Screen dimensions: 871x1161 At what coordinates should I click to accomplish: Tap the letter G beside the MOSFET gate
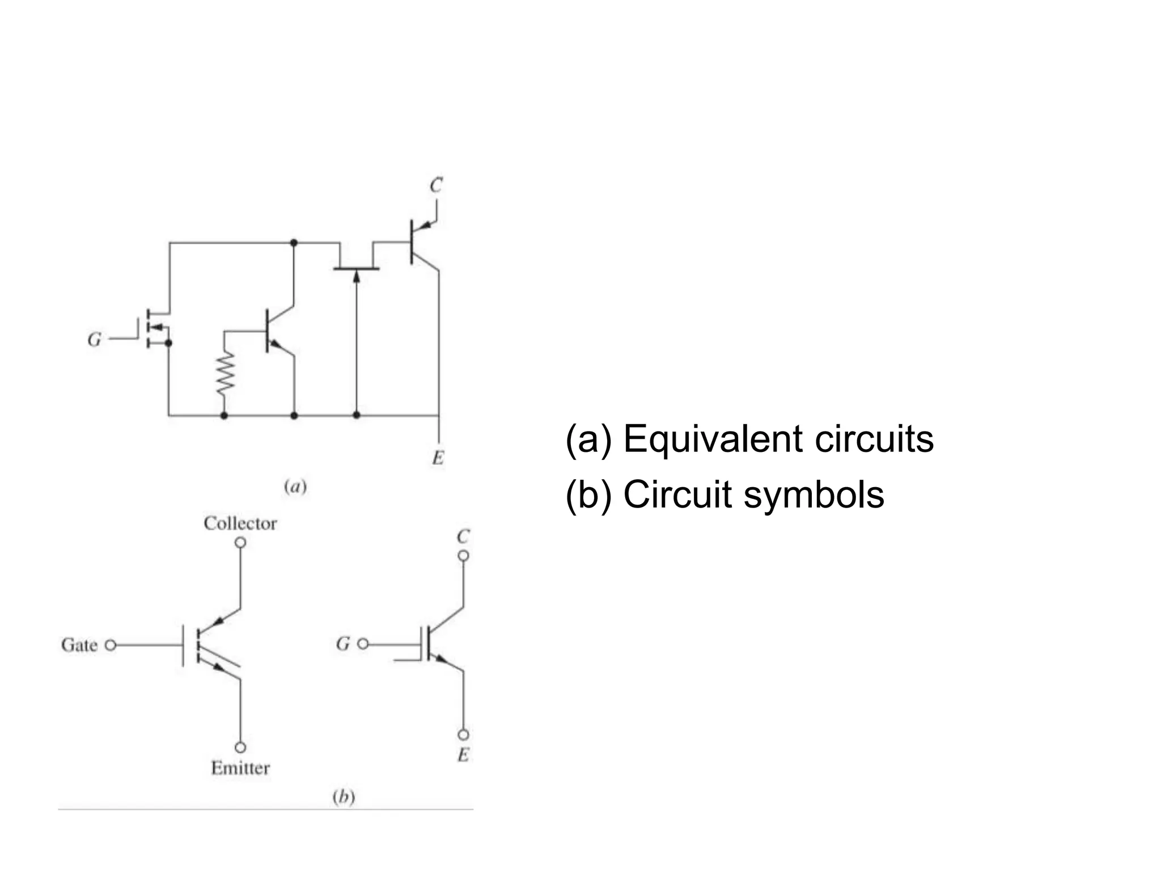coord(94,339)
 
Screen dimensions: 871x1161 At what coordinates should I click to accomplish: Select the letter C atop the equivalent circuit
coord(435,185)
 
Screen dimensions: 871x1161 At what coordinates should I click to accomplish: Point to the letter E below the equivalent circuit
coord(438,458)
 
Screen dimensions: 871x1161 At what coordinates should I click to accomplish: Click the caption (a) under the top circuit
coord(295,487)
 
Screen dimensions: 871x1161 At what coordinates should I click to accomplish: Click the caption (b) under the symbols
coord(343,797)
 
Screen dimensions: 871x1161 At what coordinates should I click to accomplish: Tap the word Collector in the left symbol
coord(240,523)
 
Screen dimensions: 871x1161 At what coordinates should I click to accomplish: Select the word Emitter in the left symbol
coord(240,768)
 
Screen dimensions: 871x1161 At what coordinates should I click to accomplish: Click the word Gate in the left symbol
coord(79,645)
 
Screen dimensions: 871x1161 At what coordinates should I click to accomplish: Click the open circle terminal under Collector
coord(240,543)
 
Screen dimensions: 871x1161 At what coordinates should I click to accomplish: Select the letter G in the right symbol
coord(343,644)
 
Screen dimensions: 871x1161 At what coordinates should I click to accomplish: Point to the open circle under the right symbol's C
coord(463,556)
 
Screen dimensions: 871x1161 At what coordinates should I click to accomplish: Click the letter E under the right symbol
coord(463,755)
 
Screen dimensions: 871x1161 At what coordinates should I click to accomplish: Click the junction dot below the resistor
coord(224,416)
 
